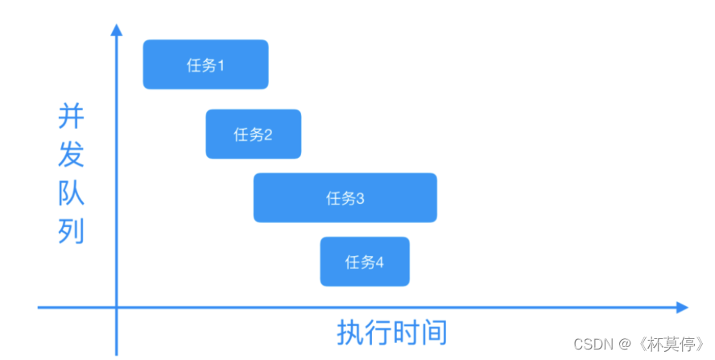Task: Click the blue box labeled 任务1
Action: [x=205, y=64]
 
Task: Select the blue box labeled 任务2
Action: [x=253, y=134]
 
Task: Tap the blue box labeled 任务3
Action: [x=345, y=197]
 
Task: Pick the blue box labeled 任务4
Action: [x=364, y=261]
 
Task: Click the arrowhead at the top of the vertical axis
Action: [x=117, y=31]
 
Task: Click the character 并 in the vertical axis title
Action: [x=71, y=117]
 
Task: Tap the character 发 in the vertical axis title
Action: [x=71, y=155]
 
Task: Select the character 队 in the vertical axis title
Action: [x=71, y=193]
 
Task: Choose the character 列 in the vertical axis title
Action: [x=71, y=231]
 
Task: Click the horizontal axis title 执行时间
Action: [x=391, y=333]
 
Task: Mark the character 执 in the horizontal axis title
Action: [x=350, y=333]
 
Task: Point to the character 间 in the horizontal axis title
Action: [x=433, y=333]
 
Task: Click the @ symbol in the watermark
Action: [x=623, y=344]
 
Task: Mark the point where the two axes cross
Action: [x=117, y=307]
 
